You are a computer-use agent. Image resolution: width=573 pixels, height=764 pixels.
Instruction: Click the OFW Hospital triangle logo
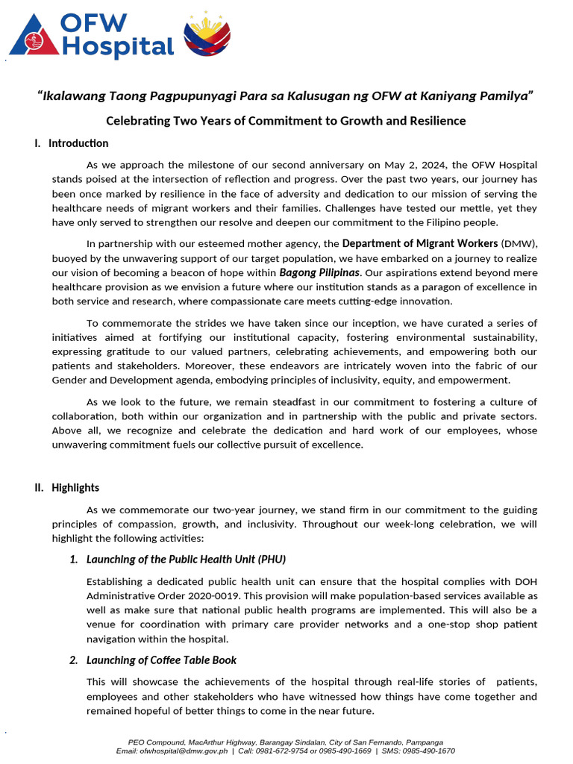coord(31,37)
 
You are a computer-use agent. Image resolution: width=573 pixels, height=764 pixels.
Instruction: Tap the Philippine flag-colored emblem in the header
coord(207,35)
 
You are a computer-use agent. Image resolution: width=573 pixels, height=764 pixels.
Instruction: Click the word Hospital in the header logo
coord(118,48)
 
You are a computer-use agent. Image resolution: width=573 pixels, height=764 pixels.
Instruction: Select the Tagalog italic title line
coord(286,95)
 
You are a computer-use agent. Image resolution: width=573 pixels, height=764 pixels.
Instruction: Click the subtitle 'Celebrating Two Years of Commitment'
coord(286,120)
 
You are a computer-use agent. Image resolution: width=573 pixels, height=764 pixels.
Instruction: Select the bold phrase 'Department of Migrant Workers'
coord(419,243)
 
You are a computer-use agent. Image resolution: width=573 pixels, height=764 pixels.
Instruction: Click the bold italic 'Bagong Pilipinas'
coord(319,272)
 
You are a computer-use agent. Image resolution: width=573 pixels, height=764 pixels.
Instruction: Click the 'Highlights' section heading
coord(75,488)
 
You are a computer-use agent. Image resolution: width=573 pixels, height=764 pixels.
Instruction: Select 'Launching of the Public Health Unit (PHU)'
coord(186,560)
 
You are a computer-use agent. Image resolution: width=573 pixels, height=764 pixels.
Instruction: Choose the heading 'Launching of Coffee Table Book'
coord(162,660)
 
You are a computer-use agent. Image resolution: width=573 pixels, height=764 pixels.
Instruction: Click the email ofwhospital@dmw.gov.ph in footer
coord(189,751)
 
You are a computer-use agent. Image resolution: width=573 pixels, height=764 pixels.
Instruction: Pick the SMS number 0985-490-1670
coord(430,751)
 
